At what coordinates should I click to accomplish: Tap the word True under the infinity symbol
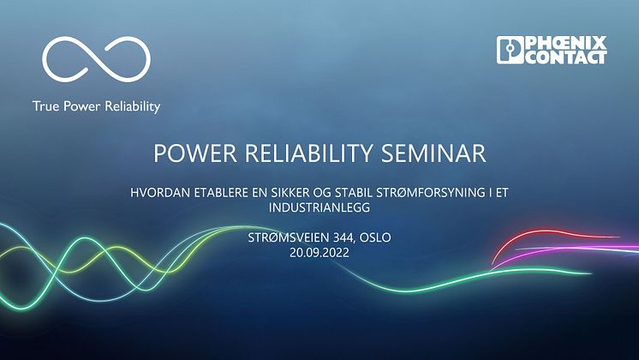(x=45, y=106)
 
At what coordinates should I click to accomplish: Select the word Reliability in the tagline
(x=133, y=107)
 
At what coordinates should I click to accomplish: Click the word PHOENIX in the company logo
(x=565, y=43)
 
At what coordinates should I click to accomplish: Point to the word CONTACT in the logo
(x=565, y=57)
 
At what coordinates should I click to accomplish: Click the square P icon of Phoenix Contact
(x=510, y=51)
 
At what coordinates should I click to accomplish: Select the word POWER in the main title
(x=194, y=153)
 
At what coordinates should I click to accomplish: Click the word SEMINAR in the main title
(x=433, y=153)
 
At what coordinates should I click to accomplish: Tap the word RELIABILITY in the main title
(x=308, y=153)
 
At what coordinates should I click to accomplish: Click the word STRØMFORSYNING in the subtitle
(x=430, y=193)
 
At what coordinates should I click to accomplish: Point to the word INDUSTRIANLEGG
(x=319, y=207)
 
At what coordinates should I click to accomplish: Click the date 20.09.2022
(x=319, y=253)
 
